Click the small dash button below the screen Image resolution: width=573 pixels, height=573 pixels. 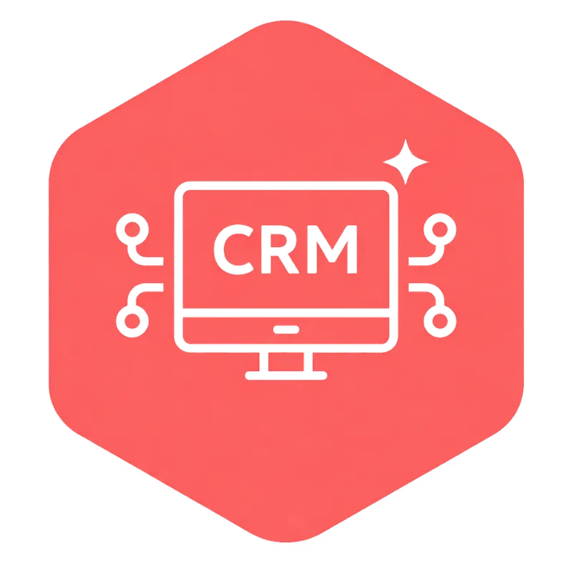[x=286, y=330]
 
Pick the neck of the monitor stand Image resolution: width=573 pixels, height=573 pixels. [x=286, y=361]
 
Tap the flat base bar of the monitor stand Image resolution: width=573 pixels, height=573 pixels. [x=286, y=375]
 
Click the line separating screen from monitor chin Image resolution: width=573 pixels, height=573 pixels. [x=286, y=314]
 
